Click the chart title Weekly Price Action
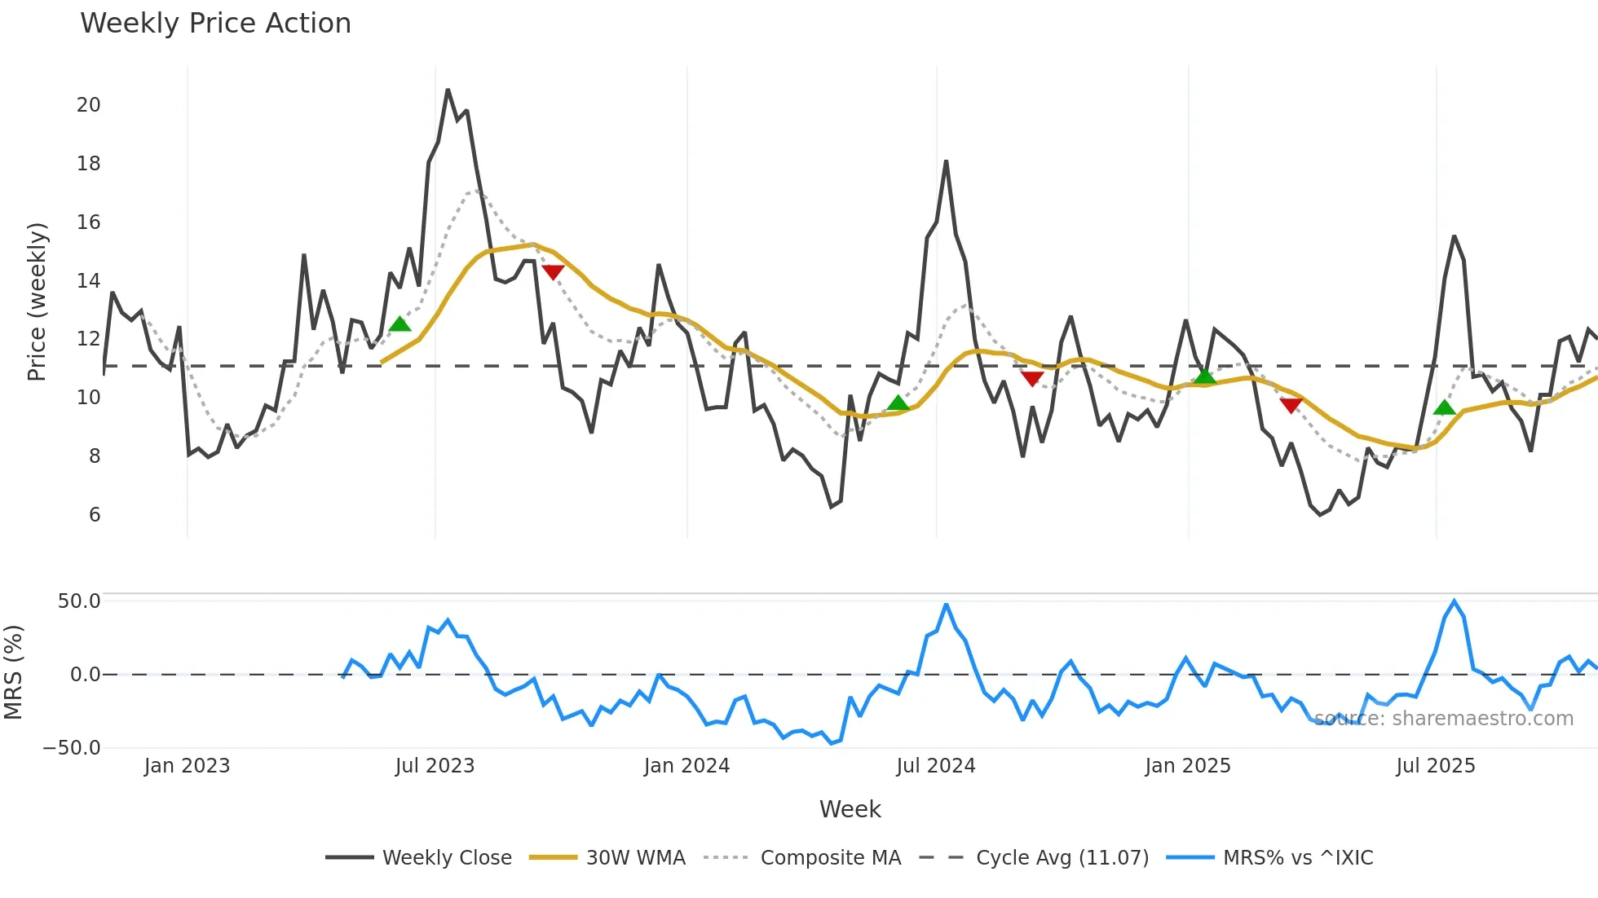coord(215,24)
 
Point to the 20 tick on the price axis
coord(89,105)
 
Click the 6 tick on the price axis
coord(95,515)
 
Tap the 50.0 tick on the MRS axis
coord(79,601)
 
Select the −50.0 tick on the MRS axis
coord(72,748)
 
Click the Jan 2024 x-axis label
coord(686,766)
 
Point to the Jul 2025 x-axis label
coord(1435,766)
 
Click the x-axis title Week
coord(850,809)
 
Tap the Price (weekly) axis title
coord(37,302)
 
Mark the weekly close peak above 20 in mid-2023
coord(448,90)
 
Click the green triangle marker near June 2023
coord(399,324)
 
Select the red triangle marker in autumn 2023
coord(553,272)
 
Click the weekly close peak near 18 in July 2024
coord(946,161)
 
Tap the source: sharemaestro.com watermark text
coord(1444,719)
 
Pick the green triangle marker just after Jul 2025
coord(1444,407)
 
